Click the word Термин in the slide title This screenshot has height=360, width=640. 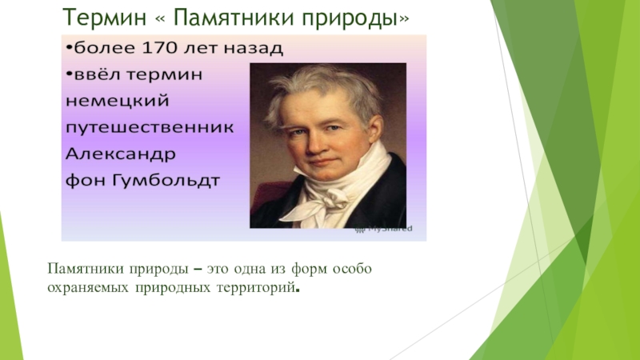coord(93,16)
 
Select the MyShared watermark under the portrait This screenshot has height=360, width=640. coord(385,229)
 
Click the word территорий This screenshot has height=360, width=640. coord(259,285)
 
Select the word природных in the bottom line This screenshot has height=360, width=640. coord(170,285)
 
